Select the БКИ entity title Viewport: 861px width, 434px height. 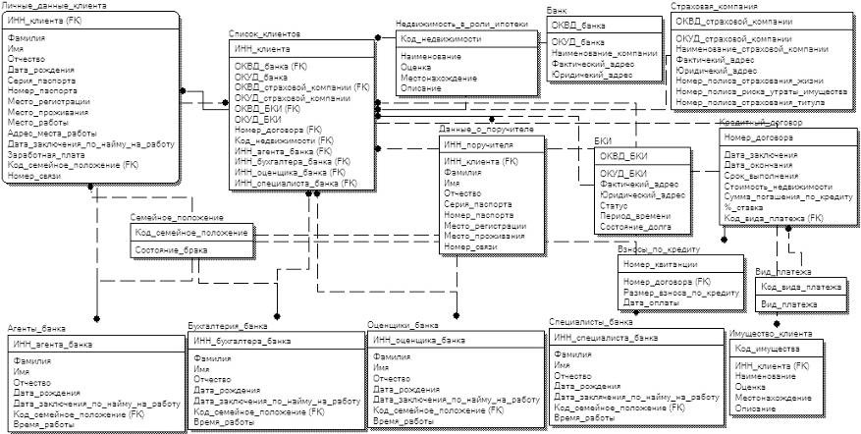[x=603, y=142]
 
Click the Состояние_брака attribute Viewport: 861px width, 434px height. [x=173, y=251]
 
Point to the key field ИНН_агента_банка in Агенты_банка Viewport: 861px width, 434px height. [x=53, y=345]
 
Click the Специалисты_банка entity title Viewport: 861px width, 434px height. [x=593, y=322]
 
